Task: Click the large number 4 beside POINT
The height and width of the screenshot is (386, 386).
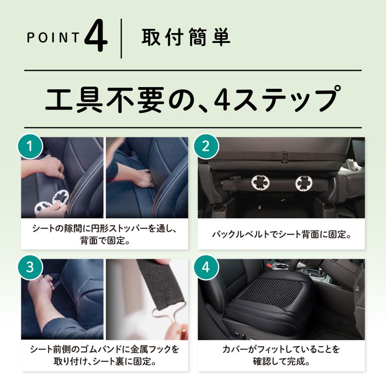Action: [96, 38]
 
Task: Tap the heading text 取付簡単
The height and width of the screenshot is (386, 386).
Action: [186, 38]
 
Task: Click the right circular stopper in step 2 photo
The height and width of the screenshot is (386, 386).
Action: [304, 184]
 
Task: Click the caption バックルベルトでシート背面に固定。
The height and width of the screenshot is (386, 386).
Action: [281, 235]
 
